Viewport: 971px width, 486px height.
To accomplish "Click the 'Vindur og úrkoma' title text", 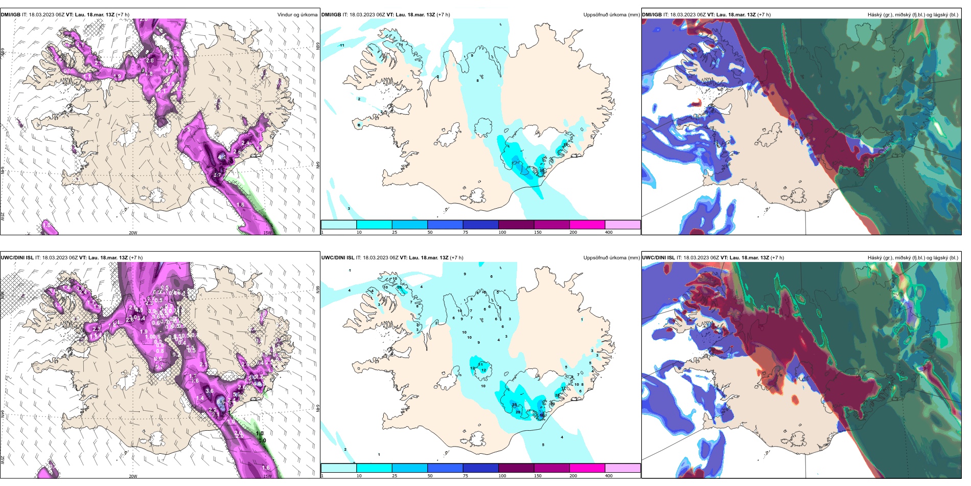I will (x=297, y=15).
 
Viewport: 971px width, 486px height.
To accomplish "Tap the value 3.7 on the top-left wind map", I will (x=217, y=175).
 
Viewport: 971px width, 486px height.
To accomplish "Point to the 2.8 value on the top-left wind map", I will (x=150, y=60).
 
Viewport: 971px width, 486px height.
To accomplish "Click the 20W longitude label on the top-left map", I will (x=133, y=233).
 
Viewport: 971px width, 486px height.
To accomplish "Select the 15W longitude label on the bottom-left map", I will (x=267, y=476).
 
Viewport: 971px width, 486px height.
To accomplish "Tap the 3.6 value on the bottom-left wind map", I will (x=210, y=391).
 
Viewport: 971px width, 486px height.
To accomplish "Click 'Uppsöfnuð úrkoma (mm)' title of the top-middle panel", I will (x=611, y=15).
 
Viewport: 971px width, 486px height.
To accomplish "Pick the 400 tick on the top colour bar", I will (x=609, y=232).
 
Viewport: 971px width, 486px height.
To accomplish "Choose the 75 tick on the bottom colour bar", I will (x=466, y=476).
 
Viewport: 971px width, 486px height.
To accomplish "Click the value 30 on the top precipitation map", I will (x=542, y=171).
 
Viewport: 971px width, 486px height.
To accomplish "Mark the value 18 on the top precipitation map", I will (x=522, y=163).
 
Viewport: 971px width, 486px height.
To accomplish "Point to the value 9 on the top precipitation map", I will (x=472, y=56).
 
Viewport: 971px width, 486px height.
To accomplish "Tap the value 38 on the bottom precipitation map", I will (x=514, y=405).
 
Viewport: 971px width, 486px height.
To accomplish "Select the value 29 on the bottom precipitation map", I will (x=518, y=412).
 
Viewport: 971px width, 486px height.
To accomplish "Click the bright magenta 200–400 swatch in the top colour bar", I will (x=587, y=225).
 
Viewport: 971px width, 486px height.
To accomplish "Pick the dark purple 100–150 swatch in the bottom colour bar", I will (x=516, y=468).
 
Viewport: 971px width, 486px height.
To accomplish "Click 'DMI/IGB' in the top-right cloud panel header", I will (x=652, y=15).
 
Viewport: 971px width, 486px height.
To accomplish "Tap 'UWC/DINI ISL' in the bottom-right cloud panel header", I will (x=658, y=258).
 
